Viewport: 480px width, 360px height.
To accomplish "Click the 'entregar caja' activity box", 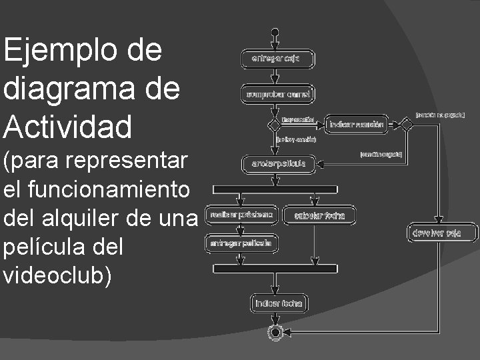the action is pos(275,59).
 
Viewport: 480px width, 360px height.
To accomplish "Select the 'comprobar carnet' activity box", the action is pos(278,94).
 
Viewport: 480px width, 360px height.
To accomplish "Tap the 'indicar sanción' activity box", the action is pos(355,124).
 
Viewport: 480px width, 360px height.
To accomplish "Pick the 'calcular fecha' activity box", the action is pos(319,215).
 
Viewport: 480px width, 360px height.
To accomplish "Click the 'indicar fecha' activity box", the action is pos(279,303).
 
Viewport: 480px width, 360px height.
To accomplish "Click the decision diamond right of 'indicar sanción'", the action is pos(405,124).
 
